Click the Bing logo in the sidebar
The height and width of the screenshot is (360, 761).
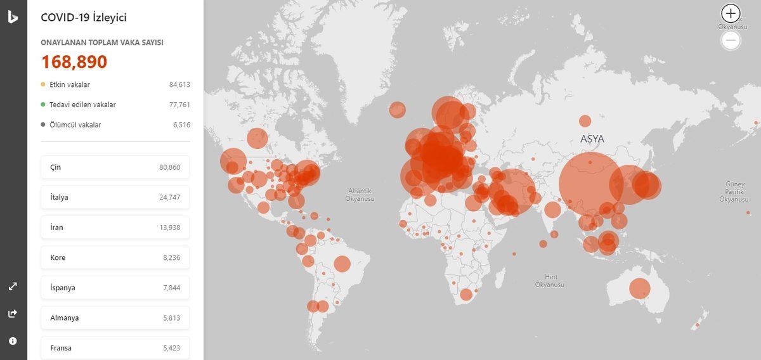13,17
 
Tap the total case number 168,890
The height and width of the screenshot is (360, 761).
74,62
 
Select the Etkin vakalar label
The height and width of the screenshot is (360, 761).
70,84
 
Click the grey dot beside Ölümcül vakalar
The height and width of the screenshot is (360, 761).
42,125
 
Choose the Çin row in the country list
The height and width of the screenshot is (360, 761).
115,167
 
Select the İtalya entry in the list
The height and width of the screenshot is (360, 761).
115,197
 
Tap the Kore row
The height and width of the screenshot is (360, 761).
115,257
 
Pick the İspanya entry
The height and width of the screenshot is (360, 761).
115,288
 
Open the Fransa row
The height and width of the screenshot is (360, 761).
115,347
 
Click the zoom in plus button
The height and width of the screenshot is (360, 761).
731,13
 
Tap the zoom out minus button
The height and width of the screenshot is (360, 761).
731,41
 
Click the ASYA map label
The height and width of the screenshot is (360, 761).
592,139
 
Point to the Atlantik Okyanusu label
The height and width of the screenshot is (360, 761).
360,195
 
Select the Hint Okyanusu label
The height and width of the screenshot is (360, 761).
549,281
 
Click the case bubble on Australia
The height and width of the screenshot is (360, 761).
639,288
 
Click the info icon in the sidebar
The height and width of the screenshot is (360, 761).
13,341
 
